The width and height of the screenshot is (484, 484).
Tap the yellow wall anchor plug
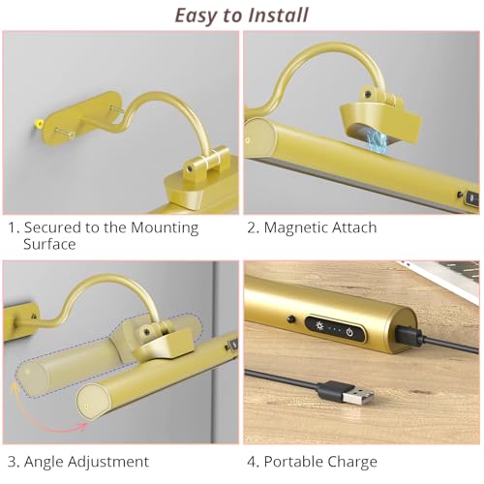(x=38, y=123)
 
